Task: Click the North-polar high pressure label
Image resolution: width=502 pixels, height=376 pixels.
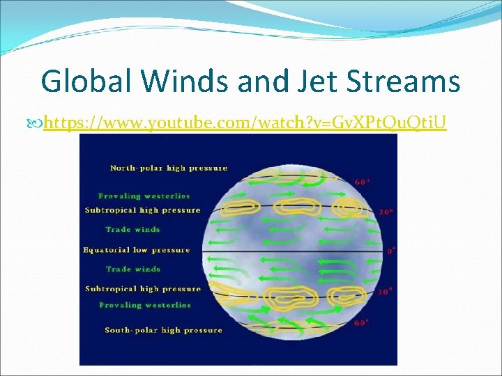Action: point(169,168)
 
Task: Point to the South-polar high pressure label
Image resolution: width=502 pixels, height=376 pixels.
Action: point(163,329)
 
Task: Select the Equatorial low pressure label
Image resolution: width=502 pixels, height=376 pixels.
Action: point(136,249)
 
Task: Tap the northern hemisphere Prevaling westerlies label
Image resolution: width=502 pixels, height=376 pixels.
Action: point(144,196)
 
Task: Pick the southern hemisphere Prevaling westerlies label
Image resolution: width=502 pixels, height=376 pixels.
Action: point(145,305)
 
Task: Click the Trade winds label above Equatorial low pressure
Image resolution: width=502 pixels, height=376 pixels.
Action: point(133,229)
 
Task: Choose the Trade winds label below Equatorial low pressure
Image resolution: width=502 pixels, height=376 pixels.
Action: point(133,269)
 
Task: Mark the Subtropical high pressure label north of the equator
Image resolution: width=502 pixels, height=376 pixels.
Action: point(142,210)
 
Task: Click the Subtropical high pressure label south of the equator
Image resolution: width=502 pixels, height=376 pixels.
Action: point(143,288)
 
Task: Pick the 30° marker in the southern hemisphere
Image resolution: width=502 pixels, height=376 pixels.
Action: point(384,292)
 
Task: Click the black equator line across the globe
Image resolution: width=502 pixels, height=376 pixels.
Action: point(293,250)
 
